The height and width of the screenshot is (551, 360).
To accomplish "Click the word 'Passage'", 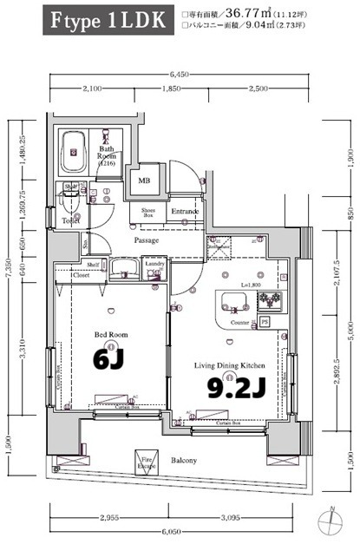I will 146,239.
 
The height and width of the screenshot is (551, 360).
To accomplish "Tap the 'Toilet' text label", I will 71,221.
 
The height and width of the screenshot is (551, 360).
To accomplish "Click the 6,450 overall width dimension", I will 181,74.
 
